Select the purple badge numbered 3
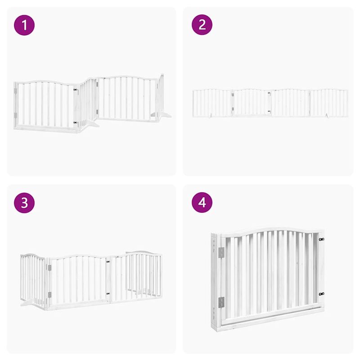[24, 203]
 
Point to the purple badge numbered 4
[202, 203]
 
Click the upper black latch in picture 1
[76, 90]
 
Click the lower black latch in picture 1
[76, 122]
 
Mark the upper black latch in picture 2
[269, 94]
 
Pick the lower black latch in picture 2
[269, 111]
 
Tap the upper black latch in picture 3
[108, 260]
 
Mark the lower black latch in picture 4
[321, 294]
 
